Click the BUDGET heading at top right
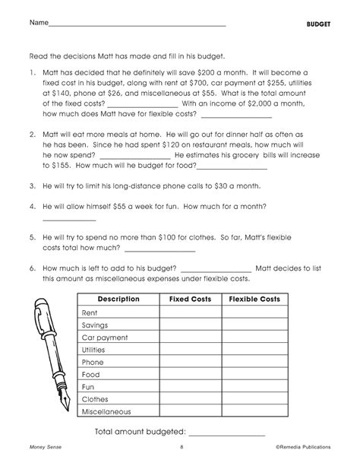tap(317, 24)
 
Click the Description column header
tap(118, 300)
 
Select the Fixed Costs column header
tap(189, 300)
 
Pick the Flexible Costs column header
tap(254, 300)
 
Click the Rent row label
tap(90, 312)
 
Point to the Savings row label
tap(95, 325)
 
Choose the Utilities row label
tap(95, 350)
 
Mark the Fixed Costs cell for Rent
tap(189, 312)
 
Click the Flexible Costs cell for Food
tap(254, 374)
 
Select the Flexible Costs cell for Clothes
tap(254, 399)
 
